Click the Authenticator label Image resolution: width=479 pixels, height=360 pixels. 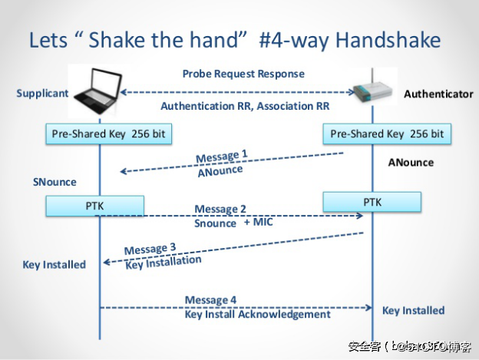[x=438, y=94]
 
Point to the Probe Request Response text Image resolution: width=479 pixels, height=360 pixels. [x=243, y=74]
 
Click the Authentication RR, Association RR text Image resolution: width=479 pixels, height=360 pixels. [x=245, y=106]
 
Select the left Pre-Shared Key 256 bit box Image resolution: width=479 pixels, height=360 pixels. [x=108, y=134]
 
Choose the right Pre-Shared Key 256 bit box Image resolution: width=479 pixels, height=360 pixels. [x=387, y=134]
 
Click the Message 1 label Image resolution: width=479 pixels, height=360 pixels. [x=222, y=157]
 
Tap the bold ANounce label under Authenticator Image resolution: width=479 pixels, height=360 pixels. [x=411, y=163]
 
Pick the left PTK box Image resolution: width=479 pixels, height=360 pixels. [x=94, y=206]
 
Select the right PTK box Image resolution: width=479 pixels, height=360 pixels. [x=372, y=203]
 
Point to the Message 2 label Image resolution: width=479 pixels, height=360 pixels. [x=220, y=209]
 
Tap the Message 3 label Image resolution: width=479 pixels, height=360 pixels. [x=150, y=249]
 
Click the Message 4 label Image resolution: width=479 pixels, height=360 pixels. [x=210, y=300]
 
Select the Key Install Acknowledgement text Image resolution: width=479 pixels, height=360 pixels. [x=258, y=314]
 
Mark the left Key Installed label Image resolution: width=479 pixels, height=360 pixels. [x=55, y=264]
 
